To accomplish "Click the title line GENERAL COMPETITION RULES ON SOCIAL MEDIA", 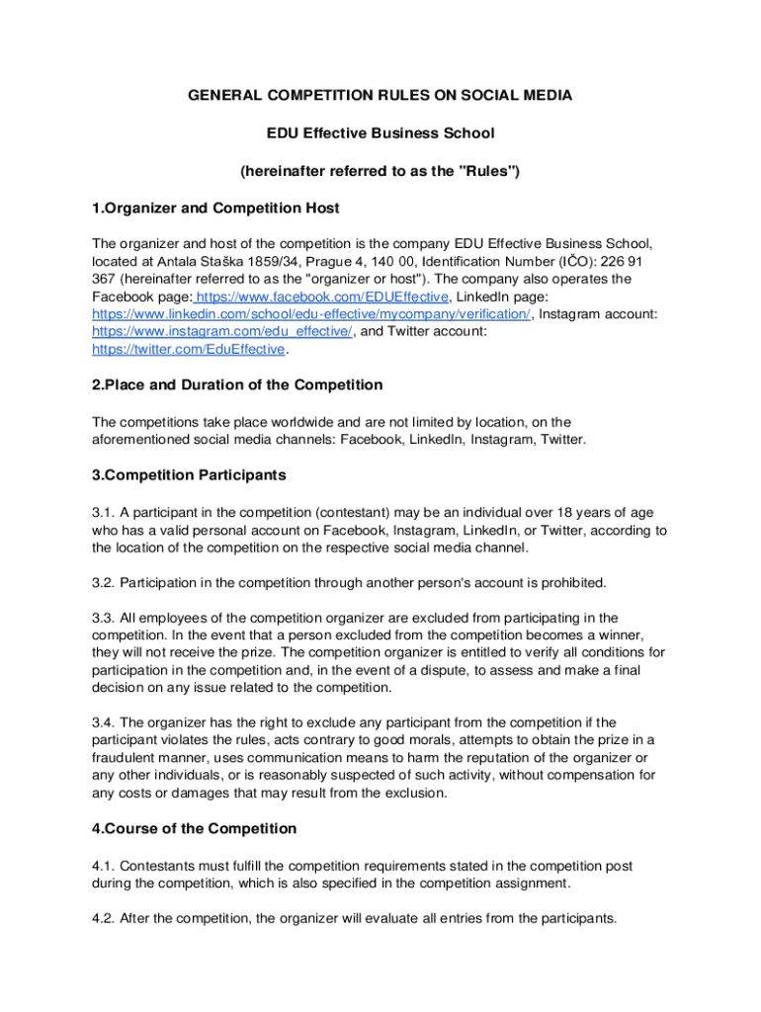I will point(380,95).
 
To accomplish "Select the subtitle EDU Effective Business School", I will point(380,132).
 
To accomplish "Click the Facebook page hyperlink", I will point(324,296).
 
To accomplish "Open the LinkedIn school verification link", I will point(311,314).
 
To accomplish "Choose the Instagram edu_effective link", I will point(222,332).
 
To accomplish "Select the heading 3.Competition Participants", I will point(189,474).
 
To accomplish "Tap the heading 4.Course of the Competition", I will point(194,828).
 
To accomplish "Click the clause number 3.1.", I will point(103,512).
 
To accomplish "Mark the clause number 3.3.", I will point(103,617).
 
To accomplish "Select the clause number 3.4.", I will point(103,722).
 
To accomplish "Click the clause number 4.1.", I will point(103,866).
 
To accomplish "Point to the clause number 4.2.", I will point(103,918).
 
